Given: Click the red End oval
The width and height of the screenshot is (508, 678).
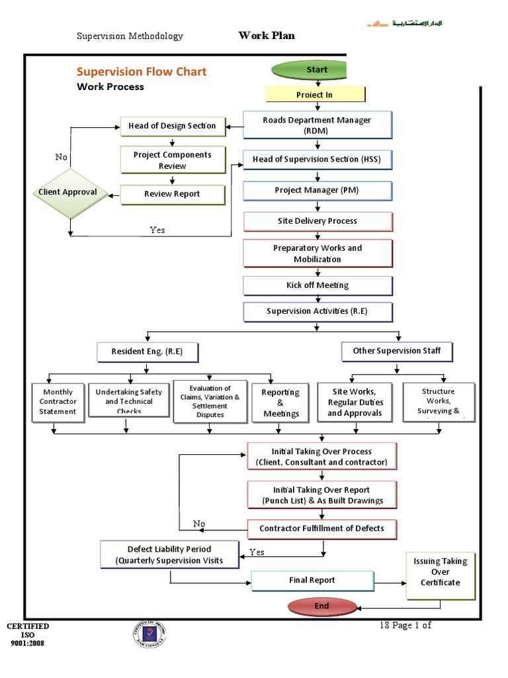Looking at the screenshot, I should click(x=321, y=606).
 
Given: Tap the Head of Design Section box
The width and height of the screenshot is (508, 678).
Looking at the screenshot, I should click(x=172, y=126).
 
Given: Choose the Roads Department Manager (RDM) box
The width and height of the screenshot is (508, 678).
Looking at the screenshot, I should click(x=317, y=125).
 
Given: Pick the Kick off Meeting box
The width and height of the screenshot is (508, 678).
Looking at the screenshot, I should click(x=317, y=285).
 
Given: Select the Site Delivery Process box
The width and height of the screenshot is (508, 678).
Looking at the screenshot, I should click(x=317, y=221).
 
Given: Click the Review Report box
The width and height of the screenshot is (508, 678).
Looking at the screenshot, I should click(x=172, y=194).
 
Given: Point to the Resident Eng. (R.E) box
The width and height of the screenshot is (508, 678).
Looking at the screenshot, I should click(x=148, y=352).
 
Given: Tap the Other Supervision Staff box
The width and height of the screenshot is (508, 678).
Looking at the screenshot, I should click(x=397, y=351).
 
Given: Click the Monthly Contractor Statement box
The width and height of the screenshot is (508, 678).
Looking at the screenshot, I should click(x=58, y=401).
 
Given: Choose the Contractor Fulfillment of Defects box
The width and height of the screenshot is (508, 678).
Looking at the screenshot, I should click(x=321, y=529).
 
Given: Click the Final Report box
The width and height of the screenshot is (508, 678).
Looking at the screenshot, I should click(x=312, y=581).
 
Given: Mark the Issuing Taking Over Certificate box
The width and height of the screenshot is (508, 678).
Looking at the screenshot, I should click(x=440, y=572).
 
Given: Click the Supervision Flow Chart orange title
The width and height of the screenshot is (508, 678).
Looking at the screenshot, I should click(x=142, y=72).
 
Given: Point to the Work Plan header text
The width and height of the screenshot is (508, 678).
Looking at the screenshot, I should click(x=267, y=36).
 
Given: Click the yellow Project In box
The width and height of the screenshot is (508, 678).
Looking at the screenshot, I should click(x=314, y=95).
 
